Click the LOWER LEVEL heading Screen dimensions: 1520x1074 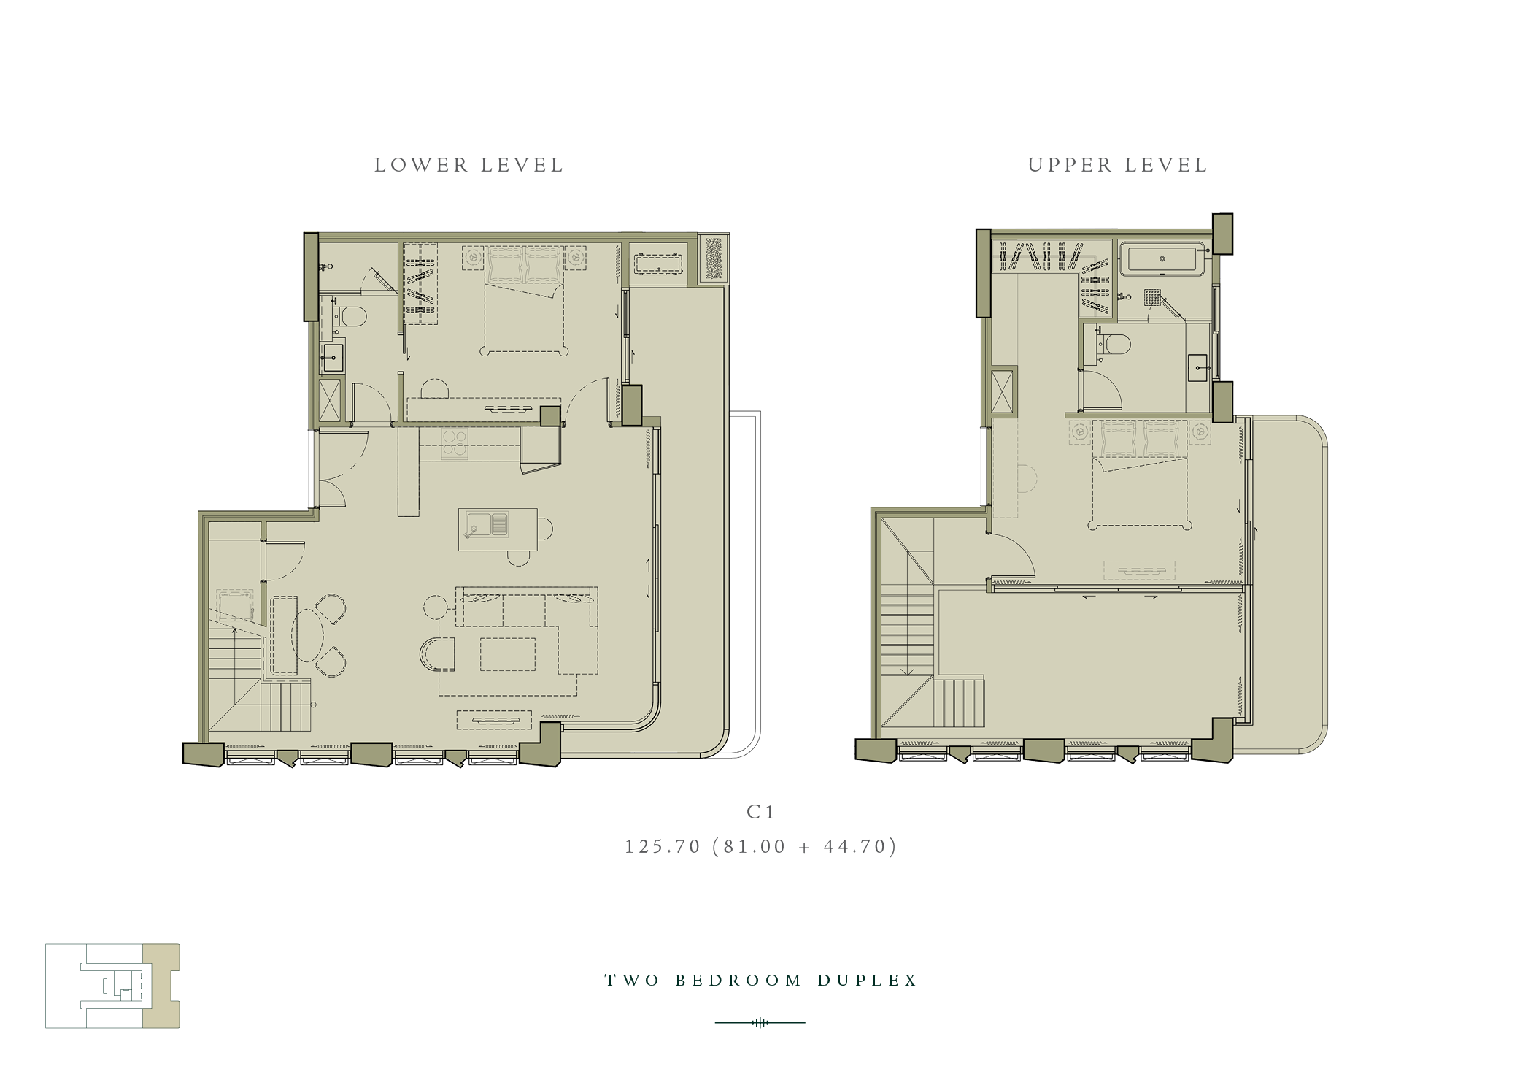click(x=469, y=165)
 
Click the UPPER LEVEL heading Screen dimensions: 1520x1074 click(x=1118, y=165)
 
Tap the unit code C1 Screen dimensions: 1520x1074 click(x=760, y=812)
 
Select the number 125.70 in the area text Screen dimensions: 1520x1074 click(x=663, y=846)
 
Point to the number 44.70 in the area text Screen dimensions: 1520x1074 click(x=855, y=846)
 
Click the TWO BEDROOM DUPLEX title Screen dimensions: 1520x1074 click(x=761, y=980)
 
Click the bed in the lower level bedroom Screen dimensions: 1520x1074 click(x=525, y=299)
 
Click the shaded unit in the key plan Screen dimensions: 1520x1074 click(x=161, y=986)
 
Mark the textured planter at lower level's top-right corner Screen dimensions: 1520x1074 click(x=714, y=258)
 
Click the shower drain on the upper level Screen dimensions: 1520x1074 click(x=1151, y=297)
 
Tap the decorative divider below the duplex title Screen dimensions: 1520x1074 click(x=760, y=1022)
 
